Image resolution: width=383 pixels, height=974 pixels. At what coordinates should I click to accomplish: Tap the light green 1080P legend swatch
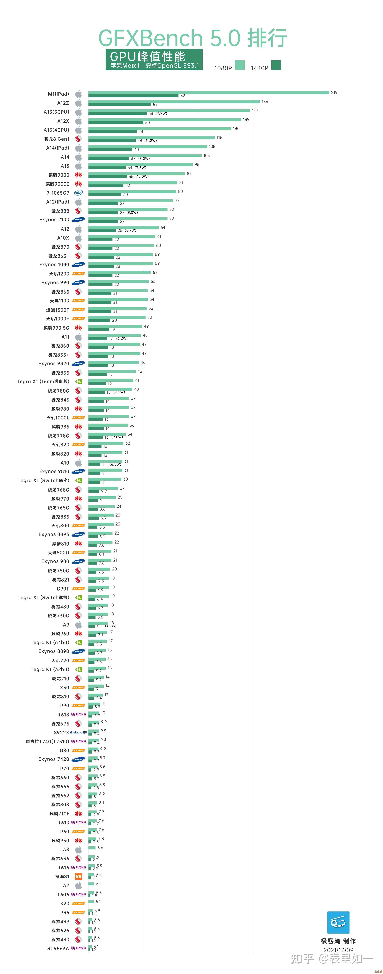pos(240,65)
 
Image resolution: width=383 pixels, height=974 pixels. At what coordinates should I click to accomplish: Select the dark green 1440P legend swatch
pos(276,65)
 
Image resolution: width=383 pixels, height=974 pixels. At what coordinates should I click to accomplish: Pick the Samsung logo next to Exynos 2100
pos(78,220)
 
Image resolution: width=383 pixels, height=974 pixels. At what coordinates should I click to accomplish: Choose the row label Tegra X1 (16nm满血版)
pos(43,382)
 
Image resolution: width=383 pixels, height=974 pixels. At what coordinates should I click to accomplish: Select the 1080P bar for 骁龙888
pos(128,209)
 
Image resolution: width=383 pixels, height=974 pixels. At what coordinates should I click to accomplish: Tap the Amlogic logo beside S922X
pos(79,732)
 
